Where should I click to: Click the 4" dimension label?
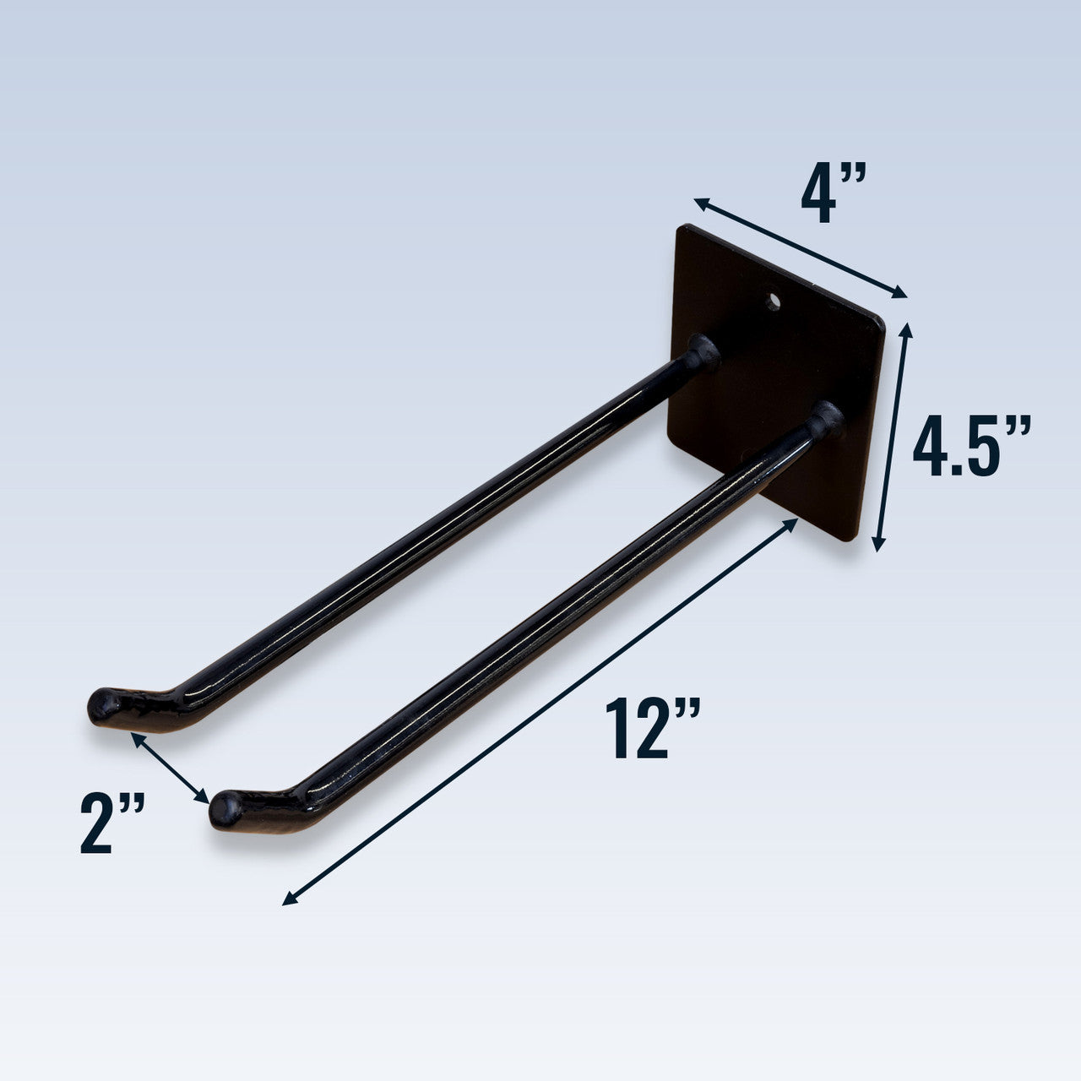(x=833, y=195)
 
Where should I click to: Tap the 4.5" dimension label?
(x=971, y=446)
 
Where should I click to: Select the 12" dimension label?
(x=651, y=728)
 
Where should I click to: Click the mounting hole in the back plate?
(x=773, y=301)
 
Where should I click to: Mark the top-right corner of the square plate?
(x=883, y=321)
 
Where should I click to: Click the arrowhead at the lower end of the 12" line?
(x=287, y=902)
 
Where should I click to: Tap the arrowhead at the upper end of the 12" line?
(x=793, y=523)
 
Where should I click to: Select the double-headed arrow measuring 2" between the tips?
(x=169, y=767)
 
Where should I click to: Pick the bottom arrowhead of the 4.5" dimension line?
(x=878, y=546)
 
